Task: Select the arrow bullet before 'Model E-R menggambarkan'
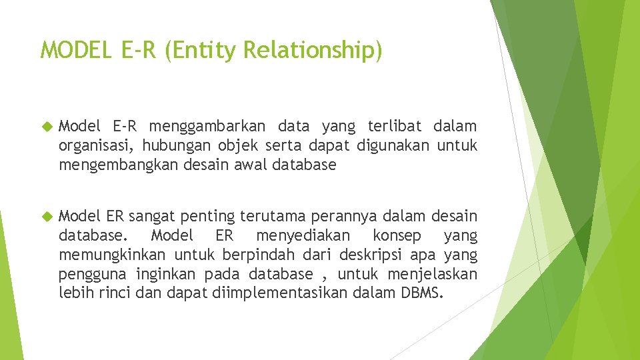click(x=47, y=126)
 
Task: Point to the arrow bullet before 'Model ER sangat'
click(x=47, y=217)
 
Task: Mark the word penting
click(x=207, y=217)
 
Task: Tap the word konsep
click(x=397, y=236)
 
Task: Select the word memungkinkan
click(x=113, y=255)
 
